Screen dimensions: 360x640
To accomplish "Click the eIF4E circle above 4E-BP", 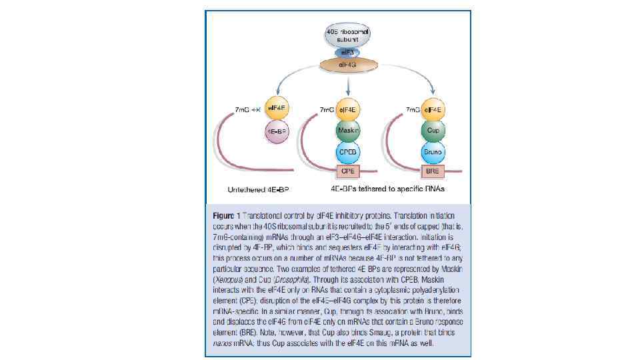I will tap(276, 109).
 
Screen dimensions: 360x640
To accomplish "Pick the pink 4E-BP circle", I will tap(276, 132).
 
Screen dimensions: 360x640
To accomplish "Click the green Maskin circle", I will tap(347, 130).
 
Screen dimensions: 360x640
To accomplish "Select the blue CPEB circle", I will tap(347, 152).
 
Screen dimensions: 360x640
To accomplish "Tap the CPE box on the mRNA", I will tap(347, 171).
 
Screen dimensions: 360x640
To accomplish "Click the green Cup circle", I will tap(433, 130).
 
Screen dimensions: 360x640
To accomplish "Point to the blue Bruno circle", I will tap(433, 152).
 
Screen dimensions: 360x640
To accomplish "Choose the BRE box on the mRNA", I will tap(433, 171).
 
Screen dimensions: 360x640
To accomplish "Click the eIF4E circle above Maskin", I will tap(347, 109).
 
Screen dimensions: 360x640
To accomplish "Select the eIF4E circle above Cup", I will tap(433, 109).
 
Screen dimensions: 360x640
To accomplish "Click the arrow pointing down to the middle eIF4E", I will tap(347, 83).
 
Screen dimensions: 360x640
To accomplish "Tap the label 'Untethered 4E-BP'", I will tap(258, 190).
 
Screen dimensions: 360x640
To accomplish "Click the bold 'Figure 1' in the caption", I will tap(226, 217).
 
